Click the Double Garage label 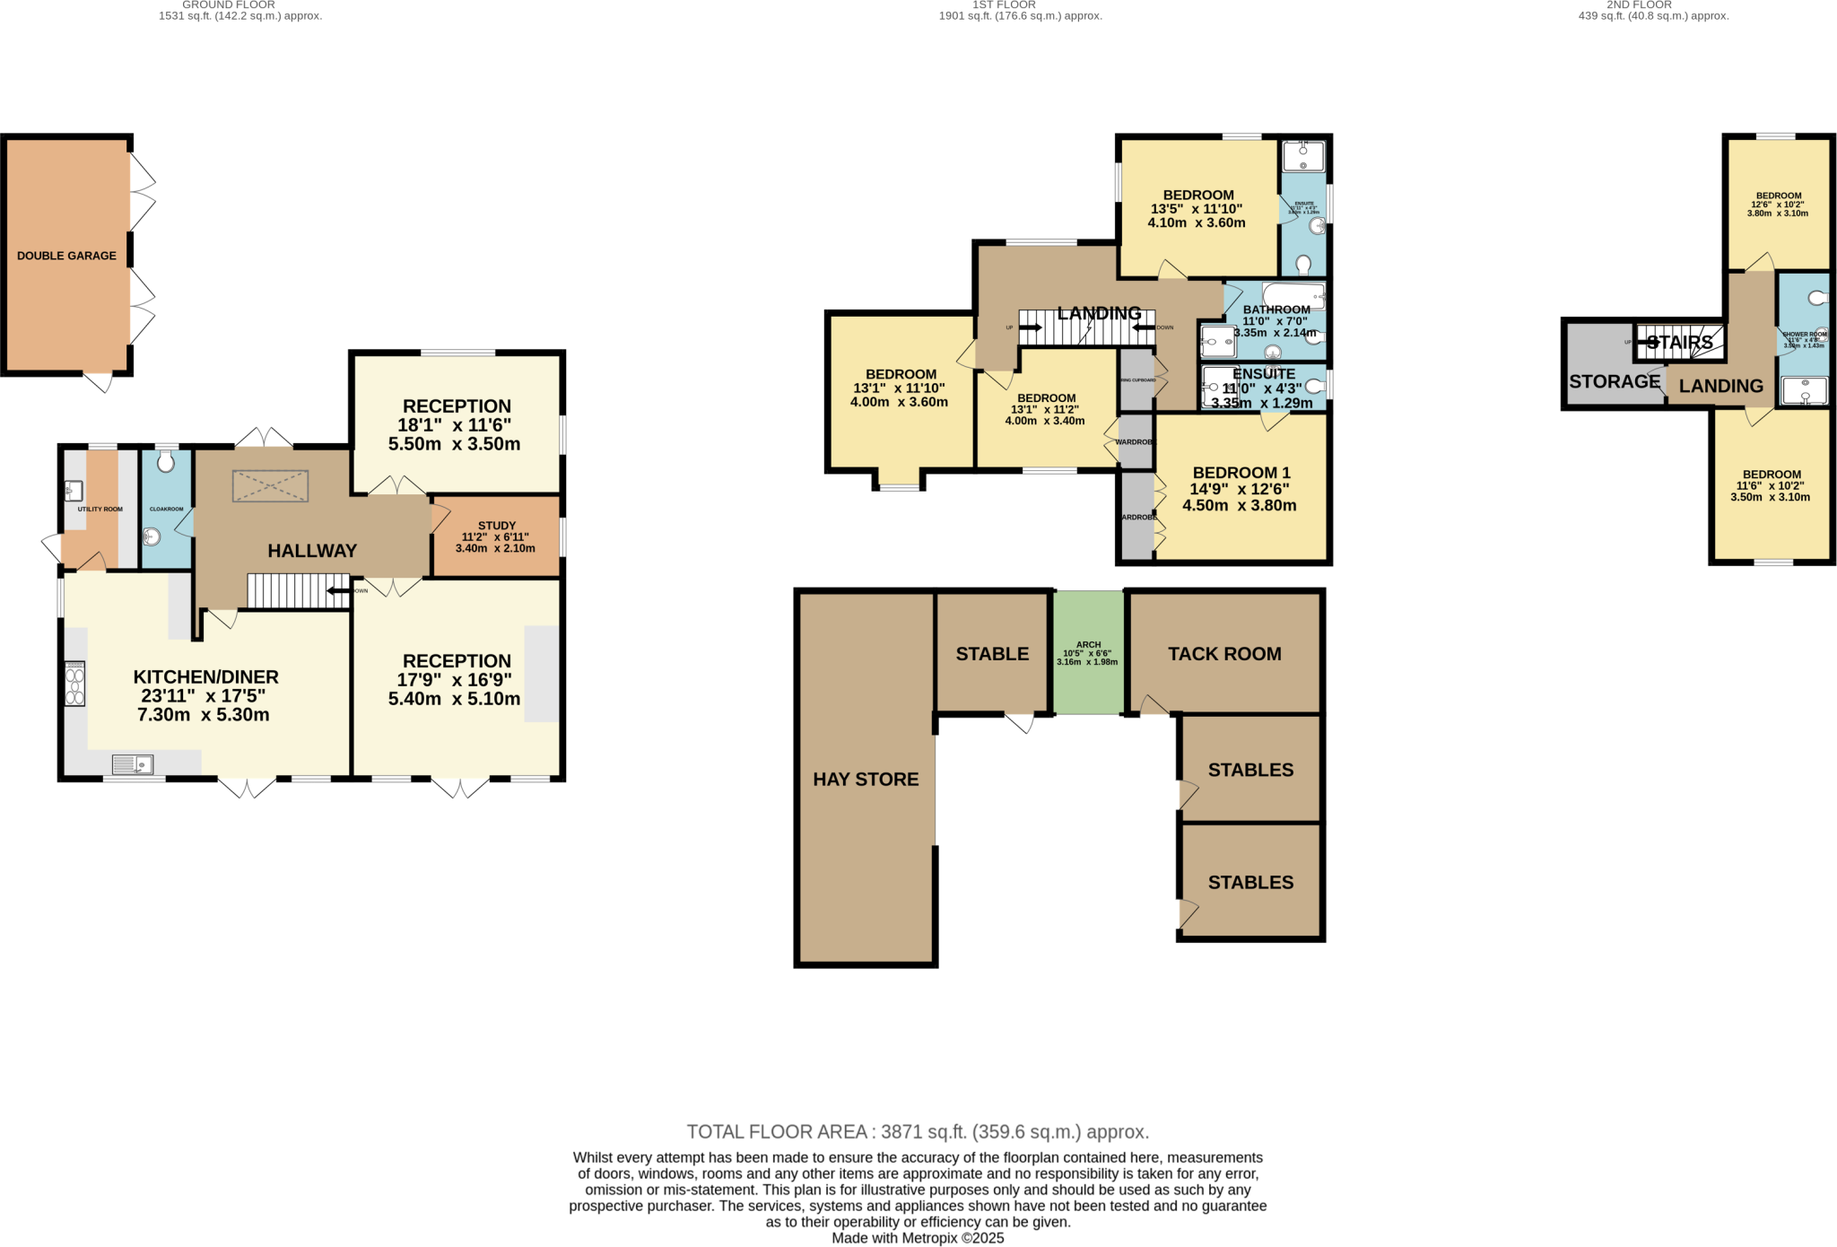pyautogui.click(x=66, y=256)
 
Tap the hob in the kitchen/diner pyautogui.click(x=74, y=684)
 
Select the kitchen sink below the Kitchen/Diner pyautogui.click(x=133, y=764)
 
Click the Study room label pyautogui.click(x=496, y=526)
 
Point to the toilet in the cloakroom pyautogui.click(x=166, y=462)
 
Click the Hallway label pyautogui.click(x=312, y=551)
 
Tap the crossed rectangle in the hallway pyautogui.click(x=270, y=486)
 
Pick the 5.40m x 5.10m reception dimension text pyautogui.click(x=454, y=699)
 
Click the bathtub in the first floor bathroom pyautogui.click(x=1293, y=295)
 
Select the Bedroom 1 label pyautogui.click(x=1241, y=473)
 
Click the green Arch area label pyautogui.click(x=1088, y=645)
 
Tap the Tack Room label pyautogui.click(x=1224, y=654)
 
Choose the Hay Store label pyautogui.click(x=866, y=780)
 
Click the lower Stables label pyautogui.click(x=1250, y=883)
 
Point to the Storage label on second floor pyautogui.click(x=1615, y=381)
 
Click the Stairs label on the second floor pyautogui.click(x=1680, y=343)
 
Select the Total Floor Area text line pyautogui.click(x=918, y=1132)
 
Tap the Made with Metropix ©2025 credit pyautogui.click(x=918, y=1238)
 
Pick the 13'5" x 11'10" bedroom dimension pyautogui.click(x=1197, y=209)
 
